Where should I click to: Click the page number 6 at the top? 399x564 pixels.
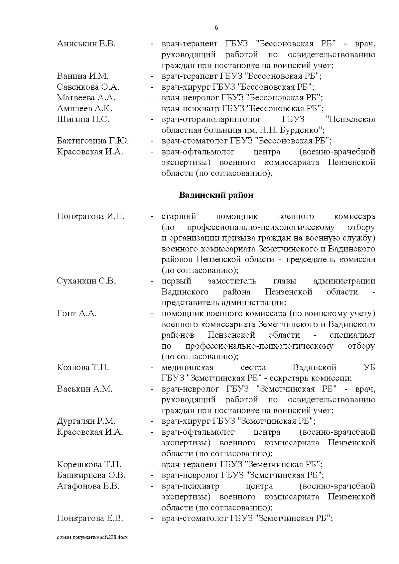(216, 28)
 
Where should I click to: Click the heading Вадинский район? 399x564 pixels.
(216, 195)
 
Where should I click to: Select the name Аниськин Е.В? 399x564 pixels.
(86, 44)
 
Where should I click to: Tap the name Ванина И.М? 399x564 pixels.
(83, 76)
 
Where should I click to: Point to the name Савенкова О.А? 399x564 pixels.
(88, 87)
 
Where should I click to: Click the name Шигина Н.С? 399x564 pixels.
(83, 119)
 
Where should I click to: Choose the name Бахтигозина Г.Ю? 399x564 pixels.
(93, 141)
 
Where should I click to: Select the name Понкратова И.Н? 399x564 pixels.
(91, 217)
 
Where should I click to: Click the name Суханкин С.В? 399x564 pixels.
(86, 281)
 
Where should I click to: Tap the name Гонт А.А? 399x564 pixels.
(77, 313)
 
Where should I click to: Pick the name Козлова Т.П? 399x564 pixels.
(83, 368)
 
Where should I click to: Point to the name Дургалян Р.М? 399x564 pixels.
(86, 421)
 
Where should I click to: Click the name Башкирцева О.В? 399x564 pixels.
(91, 475)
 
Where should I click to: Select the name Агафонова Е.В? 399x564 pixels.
(88, 486)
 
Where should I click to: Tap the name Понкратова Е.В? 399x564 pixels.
(90, 518)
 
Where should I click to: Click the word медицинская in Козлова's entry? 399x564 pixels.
(187, 368)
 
